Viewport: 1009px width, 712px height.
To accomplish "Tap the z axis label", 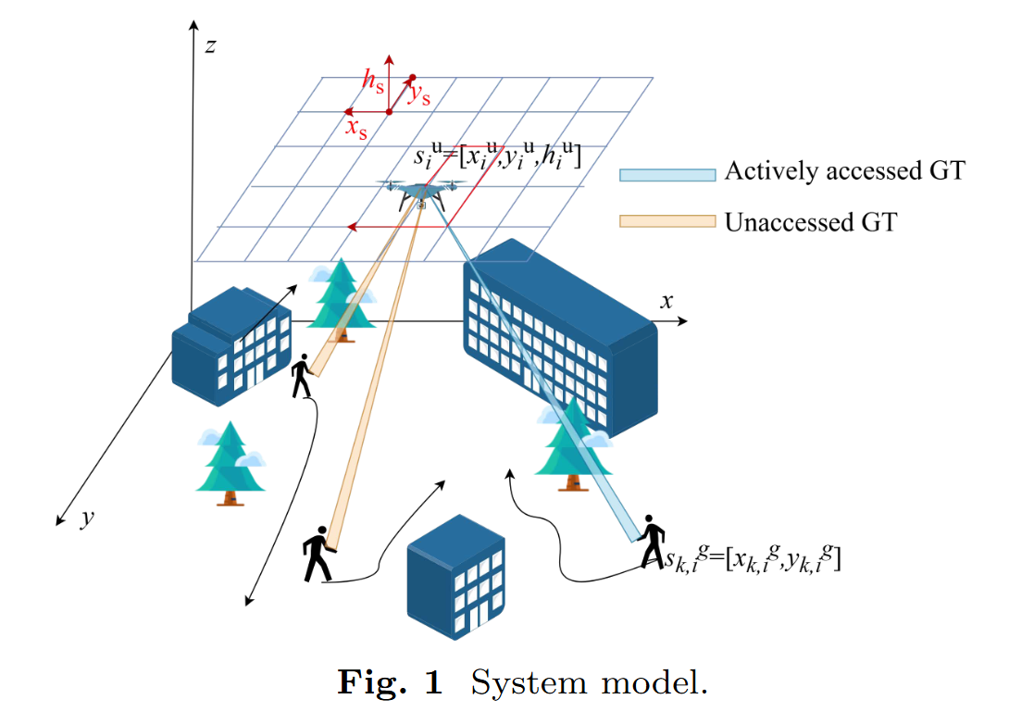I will (210, 44).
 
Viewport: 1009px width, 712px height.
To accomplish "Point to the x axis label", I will (666, 301).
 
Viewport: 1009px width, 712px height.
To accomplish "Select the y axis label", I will (86, 518).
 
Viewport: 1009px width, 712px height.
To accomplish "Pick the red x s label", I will (356, 127).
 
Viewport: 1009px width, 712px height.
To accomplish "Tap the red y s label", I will (419, 94).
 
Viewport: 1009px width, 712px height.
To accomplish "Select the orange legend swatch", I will (666, 222).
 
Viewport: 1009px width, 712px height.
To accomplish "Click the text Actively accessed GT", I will (844, 171).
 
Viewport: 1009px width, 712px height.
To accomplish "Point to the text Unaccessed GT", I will (811, 222).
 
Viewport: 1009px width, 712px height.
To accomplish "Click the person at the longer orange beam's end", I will (317, 555).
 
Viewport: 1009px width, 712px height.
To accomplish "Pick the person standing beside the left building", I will (301, 376).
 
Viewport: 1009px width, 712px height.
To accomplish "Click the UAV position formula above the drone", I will (497, 158).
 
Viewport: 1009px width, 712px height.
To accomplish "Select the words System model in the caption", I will (589, 684).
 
